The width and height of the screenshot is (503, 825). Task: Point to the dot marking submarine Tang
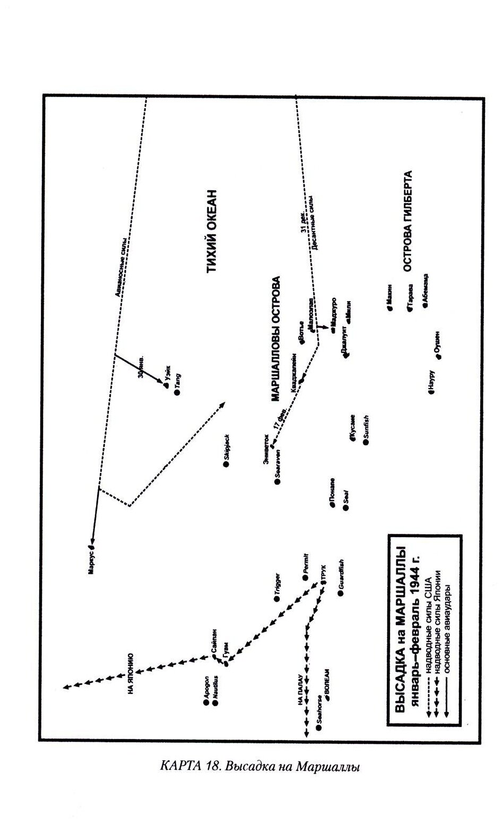point(177,393)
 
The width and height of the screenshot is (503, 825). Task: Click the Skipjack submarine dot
point(226,464)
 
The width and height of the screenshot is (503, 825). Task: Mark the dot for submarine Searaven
point(276,481)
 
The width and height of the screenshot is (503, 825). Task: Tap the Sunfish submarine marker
point(366,442)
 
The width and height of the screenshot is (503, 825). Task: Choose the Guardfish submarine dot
point(341,593)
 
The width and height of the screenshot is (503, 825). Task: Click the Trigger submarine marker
point(276,599)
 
